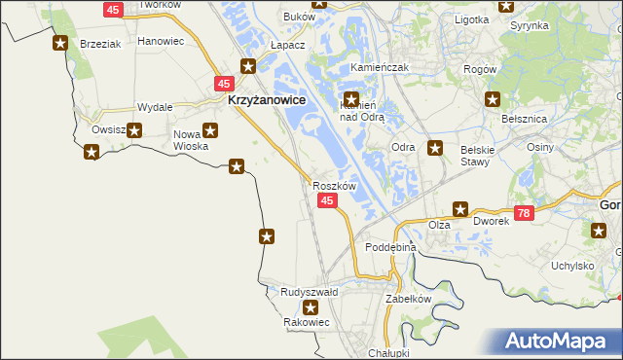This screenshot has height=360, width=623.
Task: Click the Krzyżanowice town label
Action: (267, 99)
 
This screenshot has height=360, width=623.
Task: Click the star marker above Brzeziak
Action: (60, 44)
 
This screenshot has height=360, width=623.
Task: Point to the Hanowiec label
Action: (161, 42)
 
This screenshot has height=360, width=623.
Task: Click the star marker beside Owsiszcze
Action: (134, 130)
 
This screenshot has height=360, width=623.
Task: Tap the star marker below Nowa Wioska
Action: (236, 166)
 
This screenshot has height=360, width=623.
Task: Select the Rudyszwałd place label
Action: (309, 291)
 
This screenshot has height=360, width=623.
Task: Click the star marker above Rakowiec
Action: (310, 307)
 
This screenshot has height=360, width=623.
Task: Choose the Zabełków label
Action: (408, 299)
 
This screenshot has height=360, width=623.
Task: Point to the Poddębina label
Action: (390, 248)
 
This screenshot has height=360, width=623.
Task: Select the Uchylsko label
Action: (572, 265)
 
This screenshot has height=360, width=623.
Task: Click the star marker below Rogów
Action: (494, 99)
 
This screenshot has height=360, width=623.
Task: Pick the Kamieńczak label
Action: (379, 68)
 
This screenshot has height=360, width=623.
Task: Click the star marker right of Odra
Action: (436, 149)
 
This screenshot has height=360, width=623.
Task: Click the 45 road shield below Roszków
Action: (327, 200)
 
